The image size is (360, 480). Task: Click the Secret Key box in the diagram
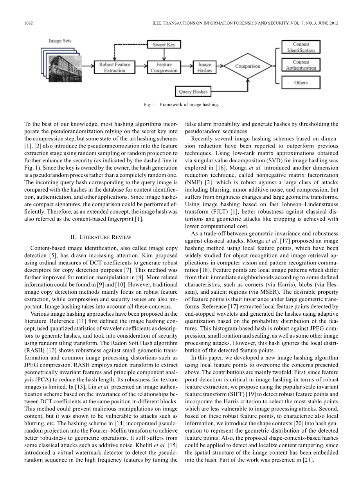(164, 45)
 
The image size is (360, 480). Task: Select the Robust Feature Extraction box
(115, 67)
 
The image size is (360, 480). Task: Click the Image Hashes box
(204, 67)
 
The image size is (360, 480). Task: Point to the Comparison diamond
(247, 66)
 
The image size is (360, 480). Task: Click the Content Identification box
(301, 47)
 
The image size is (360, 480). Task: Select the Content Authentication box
(301, 65)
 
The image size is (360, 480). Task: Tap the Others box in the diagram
(301, 83)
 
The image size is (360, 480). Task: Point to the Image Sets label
(60, 41)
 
